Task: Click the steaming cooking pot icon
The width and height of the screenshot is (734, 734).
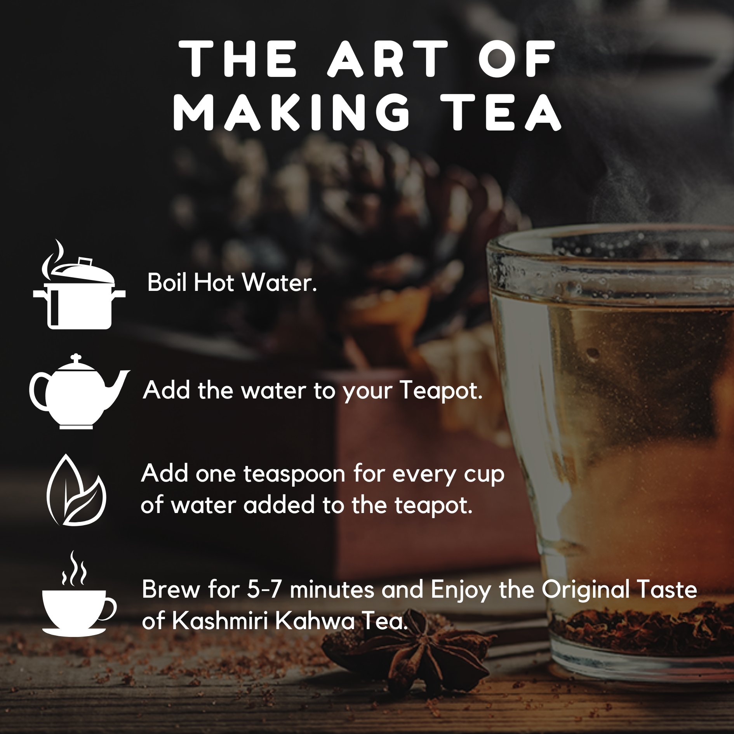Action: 79,284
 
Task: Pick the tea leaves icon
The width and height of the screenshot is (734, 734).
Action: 76,490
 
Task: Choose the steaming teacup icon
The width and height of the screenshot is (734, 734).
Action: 78,593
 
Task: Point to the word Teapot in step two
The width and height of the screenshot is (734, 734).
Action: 441,391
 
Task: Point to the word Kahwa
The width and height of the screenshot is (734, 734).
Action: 316,621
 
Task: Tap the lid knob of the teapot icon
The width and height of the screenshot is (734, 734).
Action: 77,357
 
